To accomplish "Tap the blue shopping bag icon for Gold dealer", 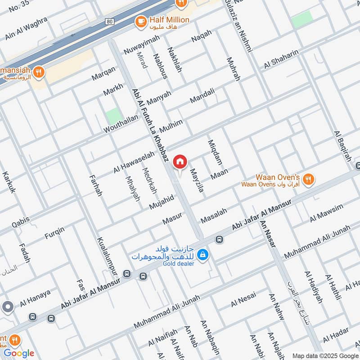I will [204, 255].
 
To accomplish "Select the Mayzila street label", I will [197, 178].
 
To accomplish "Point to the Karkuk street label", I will [9, 182].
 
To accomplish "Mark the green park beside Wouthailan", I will [114, 116].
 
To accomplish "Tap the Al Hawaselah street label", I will [134, 162].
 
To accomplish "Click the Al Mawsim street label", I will [326, 213].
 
